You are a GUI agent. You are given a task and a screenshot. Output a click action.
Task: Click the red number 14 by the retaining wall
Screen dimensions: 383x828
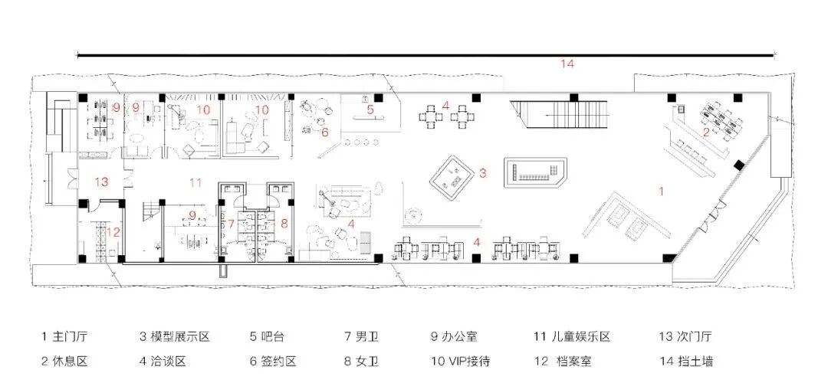(x=567, y=64)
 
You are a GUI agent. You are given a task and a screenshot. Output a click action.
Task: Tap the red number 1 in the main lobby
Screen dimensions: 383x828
(x=662, y=189)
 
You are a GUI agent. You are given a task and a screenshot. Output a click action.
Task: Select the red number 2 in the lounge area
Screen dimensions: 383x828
(x=705, y=132)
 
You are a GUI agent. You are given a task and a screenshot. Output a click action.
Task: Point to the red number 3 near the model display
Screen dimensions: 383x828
(x=482, y=173)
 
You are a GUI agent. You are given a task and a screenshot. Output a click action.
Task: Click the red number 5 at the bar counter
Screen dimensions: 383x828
(x=370, y=110)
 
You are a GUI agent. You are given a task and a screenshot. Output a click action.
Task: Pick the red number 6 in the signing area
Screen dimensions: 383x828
(x=324, y=132)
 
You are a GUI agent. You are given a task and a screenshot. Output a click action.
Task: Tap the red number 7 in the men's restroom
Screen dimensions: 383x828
(x=230, y=224)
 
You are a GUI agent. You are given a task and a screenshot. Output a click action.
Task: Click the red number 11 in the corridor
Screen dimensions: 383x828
(x=195, y=182)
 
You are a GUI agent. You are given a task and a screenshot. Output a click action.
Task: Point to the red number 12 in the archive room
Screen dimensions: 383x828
(x=113, y=231)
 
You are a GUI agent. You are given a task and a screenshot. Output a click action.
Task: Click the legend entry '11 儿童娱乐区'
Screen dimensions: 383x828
(x=573, y=336)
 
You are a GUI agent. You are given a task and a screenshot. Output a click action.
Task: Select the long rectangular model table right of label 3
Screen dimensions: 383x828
(x=536, y=170)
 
